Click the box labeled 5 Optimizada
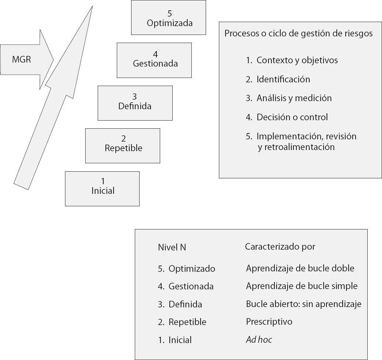[169, 18]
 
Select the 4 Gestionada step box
[154, 60]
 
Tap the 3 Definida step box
[135, 103]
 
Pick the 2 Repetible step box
[123, 146]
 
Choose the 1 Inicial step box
[102, 189]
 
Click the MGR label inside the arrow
[21, 60]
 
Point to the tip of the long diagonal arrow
[93, 6]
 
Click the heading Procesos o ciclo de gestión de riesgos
[298, 34]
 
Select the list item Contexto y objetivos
[297, 60]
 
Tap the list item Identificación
[283, 79]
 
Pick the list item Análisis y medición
[294, 98]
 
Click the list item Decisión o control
[292, 117]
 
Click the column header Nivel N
[172, 247]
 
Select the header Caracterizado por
[280, 247]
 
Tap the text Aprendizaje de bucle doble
[300, 268]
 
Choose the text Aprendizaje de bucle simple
[302, 286]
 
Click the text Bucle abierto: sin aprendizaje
[303, 304]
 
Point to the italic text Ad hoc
[259, 339]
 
